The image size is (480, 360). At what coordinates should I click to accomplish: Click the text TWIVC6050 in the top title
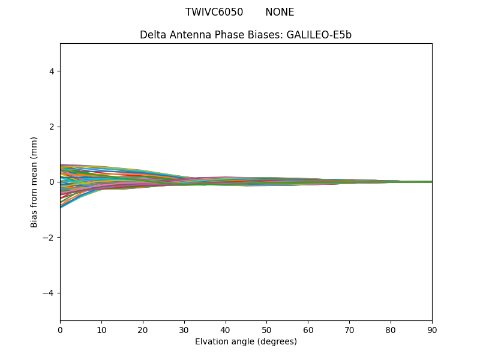(x=214, y=12)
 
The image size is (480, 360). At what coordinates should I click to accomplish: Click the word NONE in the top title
(x=280, y=12)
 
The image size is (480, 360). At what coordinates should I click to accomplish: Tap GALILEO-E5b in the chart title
(x=319, y=35)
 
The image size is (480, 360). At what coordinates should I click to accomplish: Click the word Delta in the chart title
(x=152, y=35)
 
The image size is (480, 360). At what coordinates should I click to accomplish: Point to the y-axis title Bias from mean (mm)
(x=34, y=182)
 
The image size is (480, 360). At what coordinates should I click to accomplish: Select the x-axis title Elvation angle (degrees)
(x=246, y=342)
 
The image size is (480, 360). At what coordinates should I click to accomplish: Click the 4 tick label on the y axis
(x=52, y=71)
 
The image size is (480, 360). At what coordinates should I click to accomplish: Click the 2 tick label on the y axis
(x=52, y=127)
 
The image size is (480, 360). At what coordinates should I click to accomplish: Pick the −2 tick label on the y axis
(x=49, y=238)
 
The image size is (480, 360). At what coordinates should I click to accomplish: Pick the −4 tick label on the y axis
(x=49, y=293)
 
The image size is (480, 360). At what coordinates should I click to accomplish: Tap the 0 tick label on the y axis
(x=52, y=182)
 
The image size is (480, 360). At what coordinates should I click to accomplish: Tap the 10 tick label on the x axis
(x=101, y=330)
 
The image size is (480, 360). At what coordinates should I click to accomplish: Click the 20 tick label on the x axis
(x=143, y=330)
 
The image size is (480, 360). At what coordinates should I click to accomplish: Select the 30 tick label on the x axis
(x=184, y=330)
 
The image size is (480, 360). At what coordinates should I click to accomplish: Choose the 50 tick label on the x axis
(x=266, y=330)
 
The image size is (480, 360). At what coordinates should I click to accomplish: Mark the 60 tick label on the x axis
(x=308, y=330)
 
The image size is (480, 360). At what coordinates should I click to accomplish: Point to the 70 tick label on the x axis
(x=349, y=330)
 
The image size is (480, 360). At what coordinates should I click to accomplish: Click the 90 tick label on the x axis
(x=431, y=330)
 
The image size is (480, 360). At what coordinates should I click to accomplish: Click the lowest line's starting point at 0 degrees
(x=61, y=208)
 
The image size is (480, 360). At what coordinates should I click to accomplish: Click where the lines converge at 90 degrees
(x=431, y=182)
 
